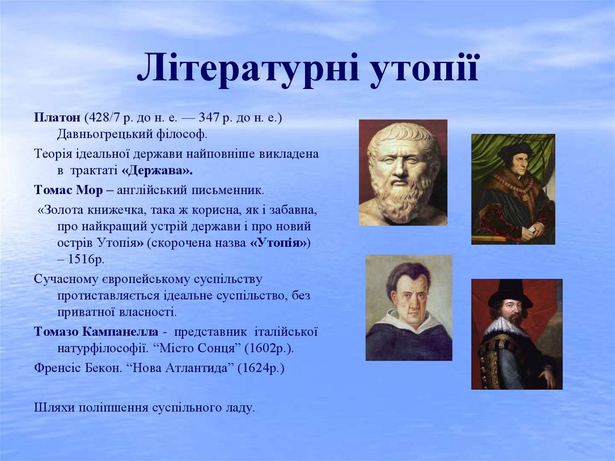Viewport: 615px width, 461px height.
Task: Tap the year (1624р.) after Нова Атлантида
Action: (261, 368)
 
